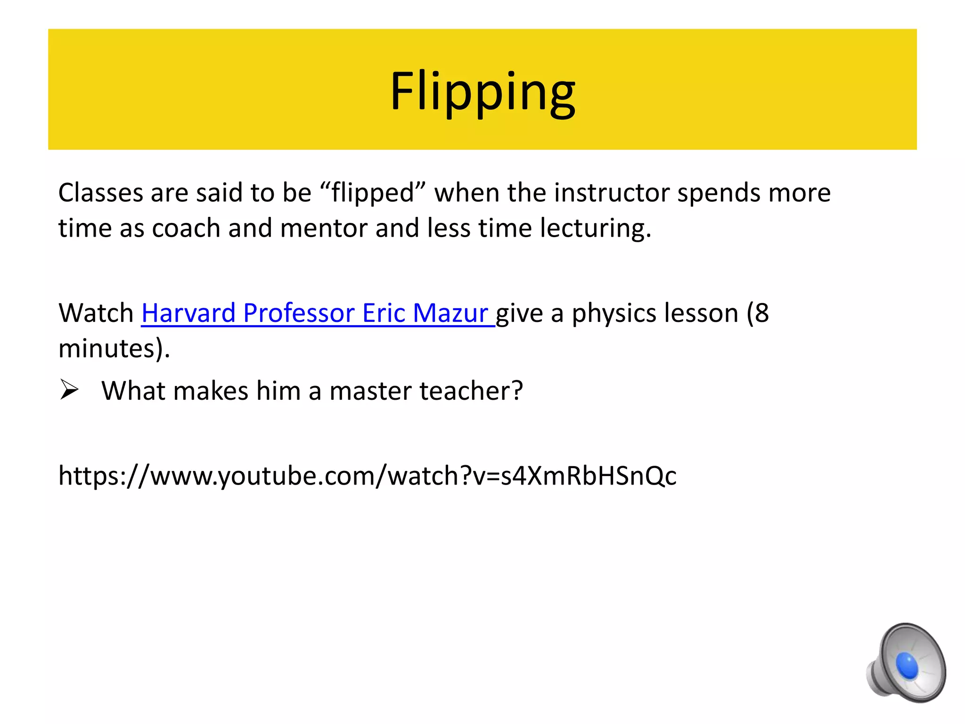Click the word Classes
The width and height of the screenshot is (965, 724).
click(100, 193)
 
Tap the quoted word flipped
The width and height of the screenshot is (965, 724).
click(372, 194)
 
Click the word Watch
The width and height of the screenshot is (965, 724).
click(96, 313)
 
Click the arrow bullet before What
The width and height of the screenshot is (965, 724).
click(69, 391)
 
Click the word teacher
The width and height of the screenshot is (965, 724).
click(471, 391)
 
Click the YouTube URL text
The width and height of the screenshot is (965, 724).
click(367, 476)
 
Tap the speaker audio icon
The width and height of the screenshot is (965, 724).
click(906, 663)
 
